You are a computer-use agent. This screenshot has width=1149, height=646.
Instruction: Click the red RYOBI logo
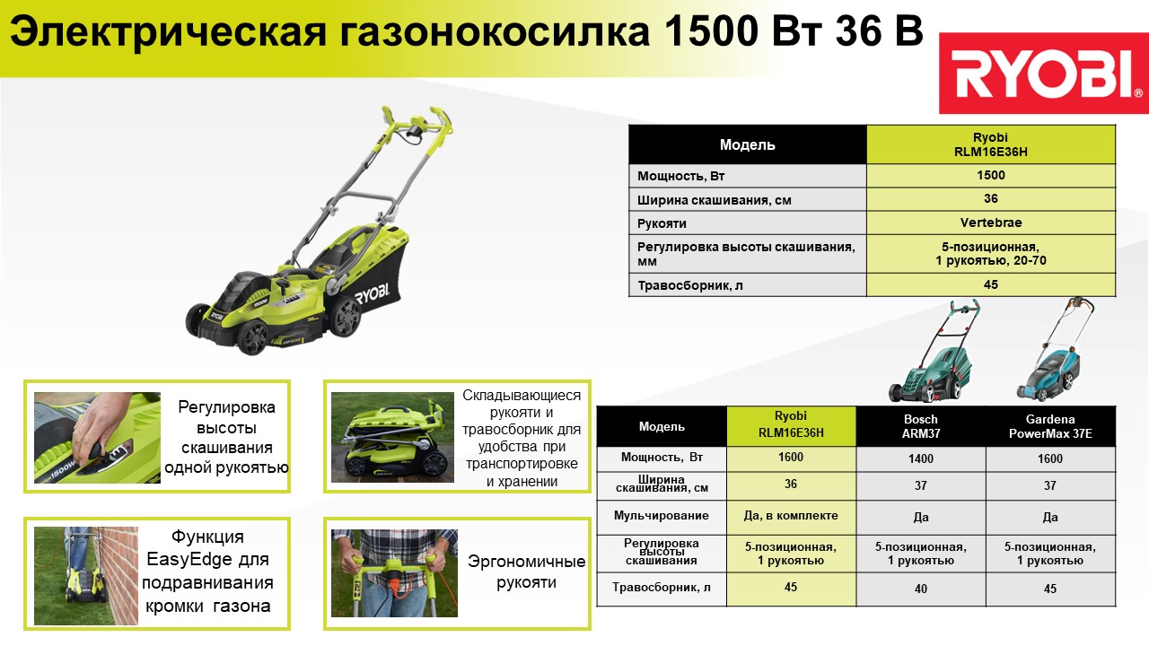click(1043, 74)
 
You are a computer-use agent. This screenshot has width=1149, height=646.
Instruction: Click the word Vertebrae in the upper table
click(990, 223)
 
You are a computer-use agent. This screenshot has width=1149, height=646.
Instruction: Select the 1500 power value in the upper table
click(990, 175)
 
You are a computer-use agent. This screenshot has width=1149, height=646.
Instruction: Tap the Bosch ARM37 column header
click(921, 426)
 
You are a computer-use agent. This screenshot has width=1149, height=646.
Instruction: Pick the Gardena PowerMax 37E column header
click(1050, 426)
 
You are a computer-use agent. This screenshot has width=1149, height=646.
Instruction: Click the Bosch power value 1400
click(921, 458)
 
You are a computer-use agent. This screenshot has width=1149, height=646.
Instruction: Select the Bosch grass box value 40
click(921, 589)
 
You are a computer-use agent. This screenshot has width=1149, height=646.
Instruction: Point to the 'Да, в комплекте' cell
click(791, 515)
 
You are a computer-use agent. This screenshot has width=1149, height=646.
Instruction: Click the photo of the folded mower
click(392, 437)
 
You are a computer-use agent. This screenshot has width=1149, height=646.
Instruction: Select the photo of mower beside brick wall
click(85, 576)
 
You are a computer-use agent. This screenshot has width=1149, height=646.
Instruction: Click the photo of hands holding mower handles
click(394, 573)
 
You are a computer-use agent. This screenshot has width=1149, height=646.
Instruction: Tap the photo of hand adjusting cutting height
click(97, 438)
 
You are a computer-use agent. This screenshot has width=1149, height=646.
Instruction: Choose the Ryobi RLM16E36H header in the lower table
click(791, 424)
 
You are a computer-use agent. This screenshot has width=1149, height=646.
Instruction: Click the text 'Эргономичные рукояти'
click(526, 572)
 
